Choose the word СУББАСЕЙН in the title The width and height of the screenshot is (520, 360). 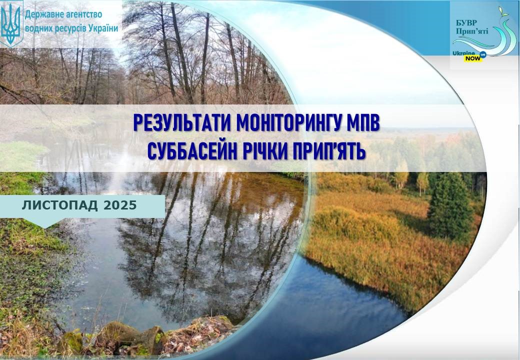[192, 151]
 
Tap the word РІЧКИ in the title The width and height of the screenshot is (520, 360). [264, 151]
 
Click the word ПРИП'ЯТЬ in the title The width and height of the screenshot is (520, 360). [328, 151]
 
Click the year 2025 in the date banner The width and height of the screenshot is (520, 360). [120, 205]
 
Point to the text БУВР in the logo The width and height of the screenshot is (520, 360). [466, 23]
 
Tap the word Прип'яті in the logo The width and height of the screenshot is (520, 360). [472, 31]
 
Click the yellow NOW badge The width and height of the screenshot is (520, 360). [473, 58]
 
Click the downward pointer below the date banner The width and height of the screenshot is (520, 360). [44, 223]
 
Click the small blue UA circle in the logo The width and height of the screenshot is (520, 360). [483, 54]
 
